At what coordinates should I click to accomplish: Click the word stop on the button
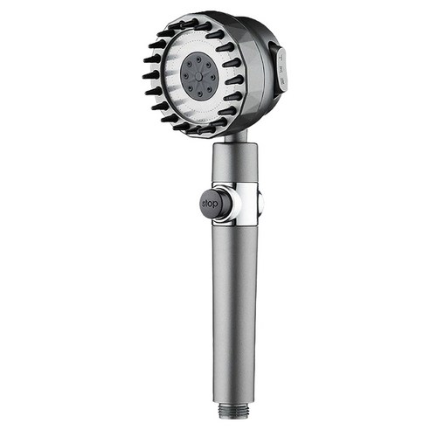(210, 204)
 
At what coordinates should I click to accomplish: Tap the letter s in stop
(204, 204)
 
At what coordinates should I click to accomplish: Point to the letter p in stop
(216, 205)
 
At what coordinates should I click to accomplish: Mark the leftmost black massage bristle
(149, 75)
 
